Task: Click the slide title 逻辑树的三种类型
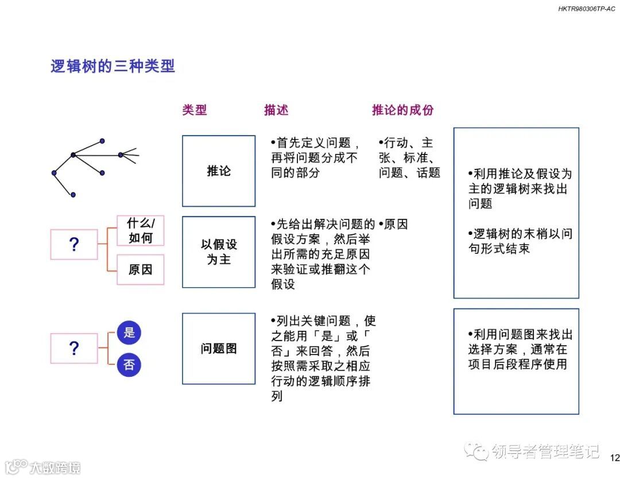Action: [x=113, y=67]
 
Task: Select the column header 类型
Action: [x=195, y=110]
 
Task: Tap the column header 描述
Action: [x=276, y=110]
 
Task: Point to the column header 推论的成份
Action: [x=402, y=110]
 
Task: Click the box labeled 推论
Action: [x=219, y=171]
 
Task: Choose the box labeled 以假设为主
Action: [x=219, y=252]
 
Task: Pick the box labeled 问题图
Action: [x=219, y=349]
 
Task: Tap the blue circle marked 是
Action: [x=129, y=333]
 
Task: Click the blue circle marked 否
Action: [x=129, y=365]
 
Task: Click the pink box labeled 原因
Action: [x=141, y=269]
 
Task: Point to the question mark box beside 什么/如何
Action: [x=74, y=245]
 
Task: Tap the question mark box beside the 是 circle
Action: [x=74, y=348]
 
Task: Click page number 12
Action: [x=614, y=458]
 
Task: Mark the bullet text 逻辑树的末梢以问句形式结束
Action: [x=520, y=241]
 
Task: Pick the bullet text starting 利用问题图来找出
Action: [x=520, y=349]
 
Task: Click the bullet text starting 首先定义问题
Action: [x=315, y=157]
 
